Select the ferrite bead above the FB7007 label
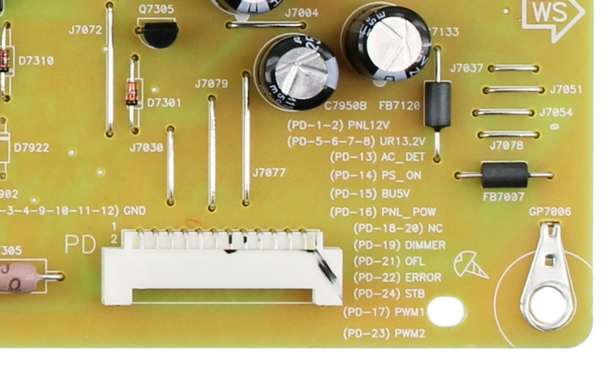(x=504, y=175)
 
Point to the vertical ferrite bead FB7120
(x=437, y=105)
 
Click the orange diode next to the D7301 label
(x=132, y=93)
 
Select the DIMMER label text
(x=425, y=245)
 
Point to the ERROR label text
(x=423, y=277)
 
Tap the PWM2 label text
(x=409, y=333)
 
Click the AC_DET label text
(x=403, y=157)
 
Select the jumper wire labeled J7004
(x=266, y=25)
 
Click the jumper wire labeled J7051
(x=513, y=90)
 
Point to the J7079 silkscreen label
(x=211, y=83)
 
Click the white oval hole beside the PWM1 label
(x=445, y=311)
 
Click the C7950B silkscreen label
(x=345, y=106)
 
